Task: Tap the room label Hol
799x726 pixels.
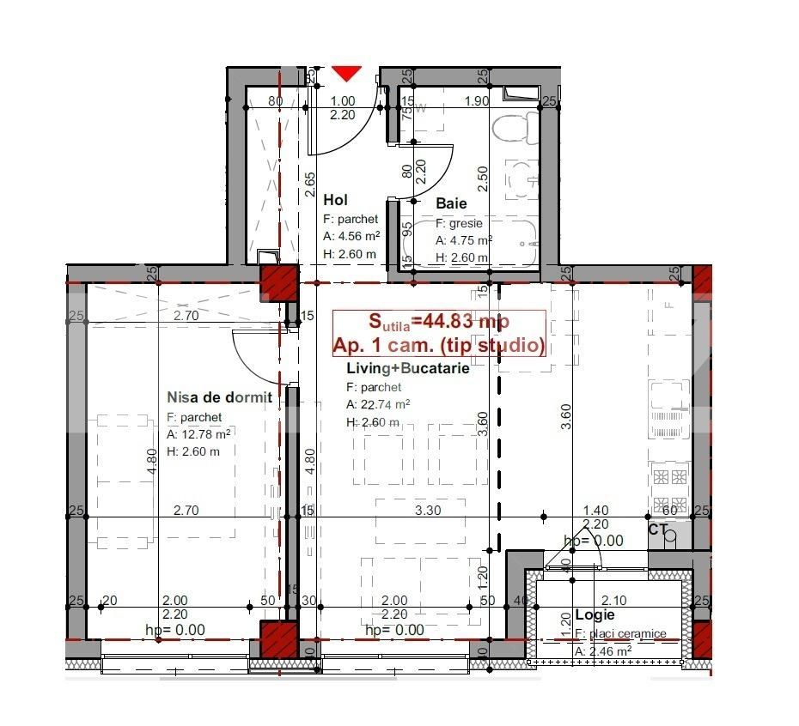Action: (335, 200)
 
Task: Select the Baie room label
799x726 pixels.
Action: (451, 203)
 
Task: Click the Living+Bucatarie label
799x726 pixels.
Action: (407, 368)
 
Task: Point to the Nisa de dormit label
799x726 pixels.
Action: (219, 397)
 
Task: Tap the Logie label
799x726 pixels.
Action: (595, 615)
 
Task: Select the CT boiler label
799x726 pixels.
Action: (658, 529)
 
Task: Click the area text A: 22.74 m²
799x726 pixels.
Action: (378, 404)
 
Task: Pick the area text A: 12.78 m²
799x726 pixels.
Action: (199, 434)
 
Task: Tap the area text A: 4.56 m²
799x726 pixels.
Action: (351, 236)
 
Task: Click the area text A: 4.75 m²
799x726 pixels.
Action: (463, 240)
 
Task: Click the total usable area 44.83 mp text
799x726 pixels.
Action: (439, 322)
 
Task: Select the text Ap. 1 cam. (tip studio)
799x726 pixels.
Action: (439, 346)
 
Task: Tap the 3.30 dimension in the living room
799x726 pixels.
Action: (428, 510)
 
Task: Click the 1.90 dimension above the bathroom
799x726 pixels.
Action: (477, 100)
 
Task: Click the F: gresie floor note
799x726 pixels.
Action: (460, 223)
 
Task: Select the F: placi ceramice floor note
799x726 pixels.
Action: (620, 634)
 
